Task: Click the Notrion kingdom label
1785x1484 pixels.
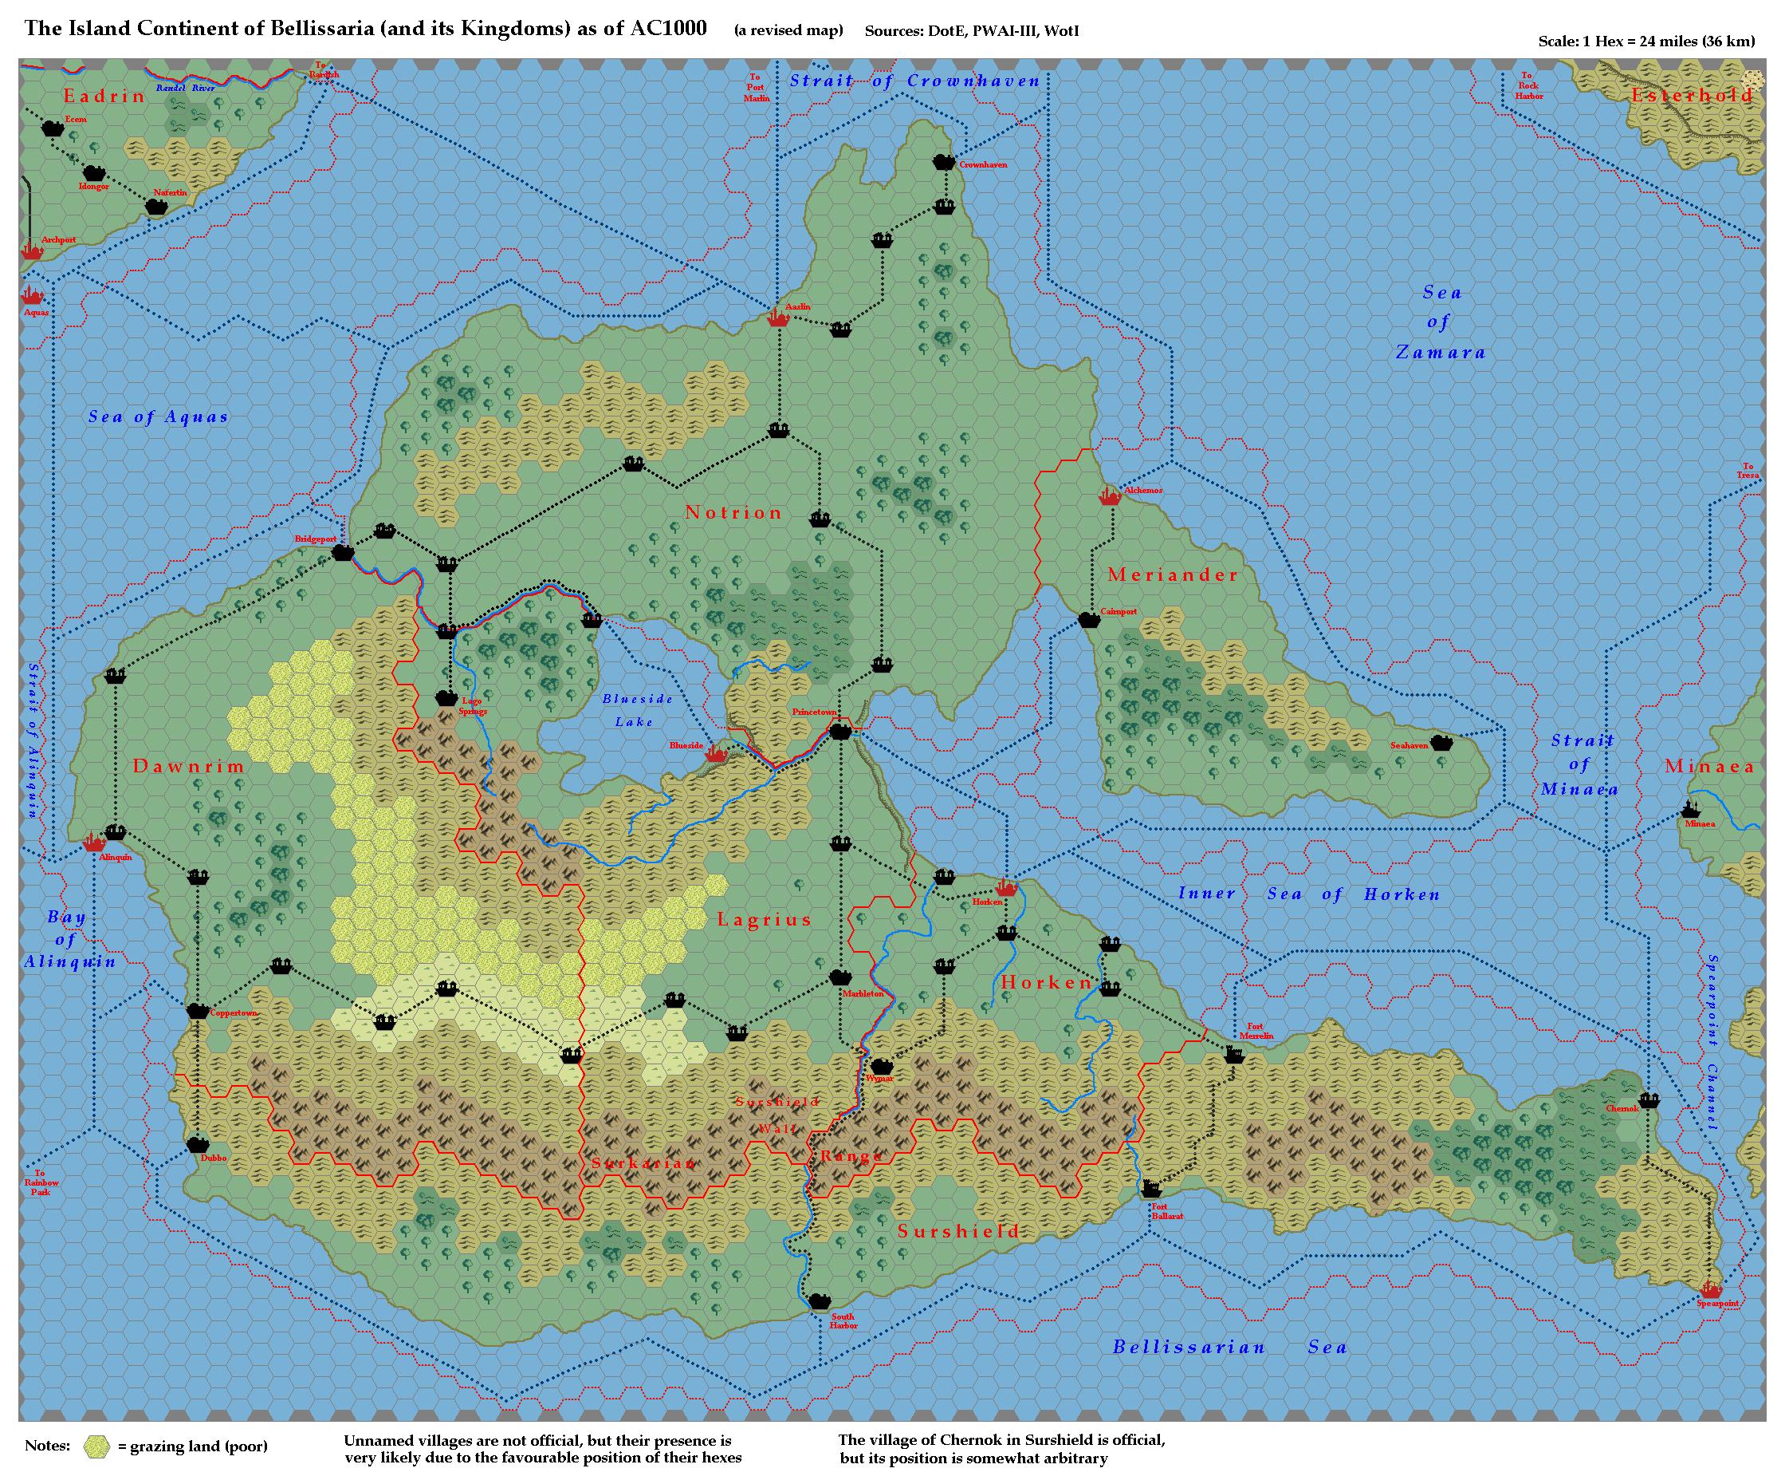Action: pos(733,513)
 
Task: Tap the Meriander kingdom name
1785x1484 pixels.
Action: pos(1173,575)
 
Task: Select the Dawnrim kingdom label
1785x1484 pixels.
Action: pos(189,766)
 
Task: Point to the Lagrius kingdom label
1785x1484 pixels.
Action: pos(765,919)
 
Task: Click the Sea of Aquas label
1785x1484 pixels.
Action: pos(158,416)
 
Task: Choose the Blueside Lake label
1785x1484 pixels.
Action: pos(637,710)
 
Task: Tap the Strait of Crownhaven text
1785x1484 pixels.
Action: pos(914,81)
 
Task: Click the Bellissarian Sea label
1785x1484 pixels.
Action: pos(1229,1347)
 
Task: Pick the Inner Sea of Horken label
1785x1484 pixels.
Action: pos(1309,894)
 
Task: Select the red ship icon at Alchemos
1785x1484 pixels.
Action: pos(1109,495)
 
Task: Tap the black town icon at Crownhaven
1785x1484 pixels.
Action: pos(943,162)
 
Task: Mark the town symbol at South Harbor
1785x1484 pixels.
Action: pos(819,1301)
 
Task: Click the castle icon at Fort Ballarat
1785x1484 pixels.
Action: pos(1152,1188)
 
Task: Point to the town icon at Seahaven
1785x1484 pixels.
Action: pos(1441,743)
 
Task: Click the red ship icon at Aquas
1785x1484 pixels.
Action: pos(33,295)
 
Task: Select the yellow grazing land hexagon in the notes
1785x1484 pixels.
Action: pos(98,1447)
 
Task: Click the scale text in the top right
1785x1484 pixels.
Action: pos(1645,41)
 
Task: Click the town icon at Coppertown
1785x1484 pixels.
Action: pos(197,1010)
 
